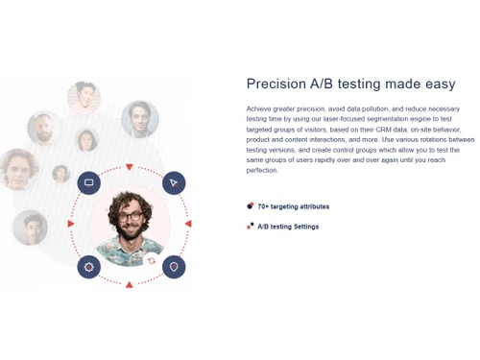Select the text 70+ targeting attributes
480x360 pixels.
tap(293, 206)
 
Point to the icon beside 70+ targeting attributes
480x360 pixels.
tap(251, 205)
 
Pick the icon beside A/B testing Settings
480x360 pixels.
tap(251, 227)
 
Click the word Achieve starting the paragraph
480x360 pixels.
tap(259, 108)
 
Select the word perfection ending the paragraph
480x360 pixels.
tap(263, 170)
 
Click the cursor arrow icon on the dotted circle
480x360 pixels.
tap(174, 182)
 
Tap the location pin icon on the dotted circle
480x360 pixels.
tap(174, 266)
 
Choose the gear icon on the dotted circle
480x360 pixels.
tap(89, 266)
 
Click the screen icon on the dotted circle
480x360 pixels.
tap(89, 182)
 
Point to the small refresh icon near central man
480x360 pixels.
tap(151, 260)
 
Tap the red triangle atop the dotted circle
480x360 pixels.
tap(130, 167)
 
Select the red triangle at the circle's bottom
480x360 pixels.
tap(130, 284)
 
